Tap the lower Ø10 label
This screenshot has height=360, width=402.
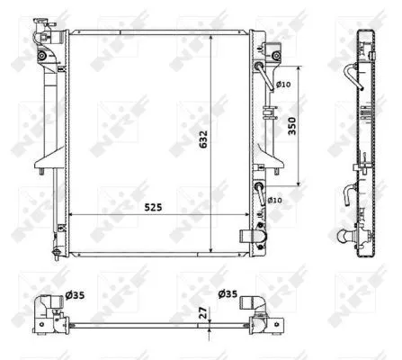click(275, 200)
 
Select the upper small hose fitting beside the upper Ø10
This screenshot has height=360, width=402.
click(261, 73)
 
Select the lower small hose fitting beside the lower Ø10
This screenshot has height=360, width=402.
click(261, 190)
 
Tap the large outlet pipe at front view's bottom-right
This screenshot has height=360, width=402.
click(251, 237)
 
